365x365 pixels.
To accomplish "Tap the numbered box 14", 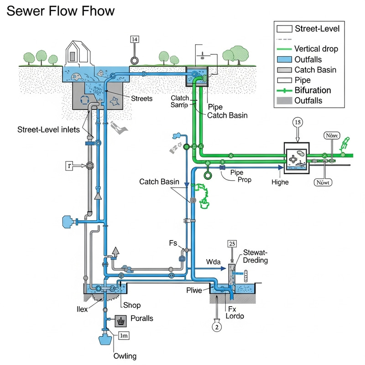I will click(x=135, y=39).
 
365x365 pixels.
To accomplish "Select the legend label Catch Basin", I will click(x=315, y=69).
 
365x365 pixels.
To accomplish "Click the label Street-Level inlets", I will click(x=49, y=130).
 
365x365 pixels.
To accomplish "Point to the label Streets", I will click(x=141, y=98).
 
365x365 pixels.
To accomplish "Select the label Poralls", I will click(x=142, y=318).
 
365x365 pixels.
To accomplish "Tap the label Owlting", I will click(x=125, y=356).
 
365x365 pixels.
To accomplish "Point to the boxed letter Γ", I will click(x=69, y=166).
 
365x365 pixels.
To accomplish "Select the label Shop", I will click(x=132, y=305).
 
